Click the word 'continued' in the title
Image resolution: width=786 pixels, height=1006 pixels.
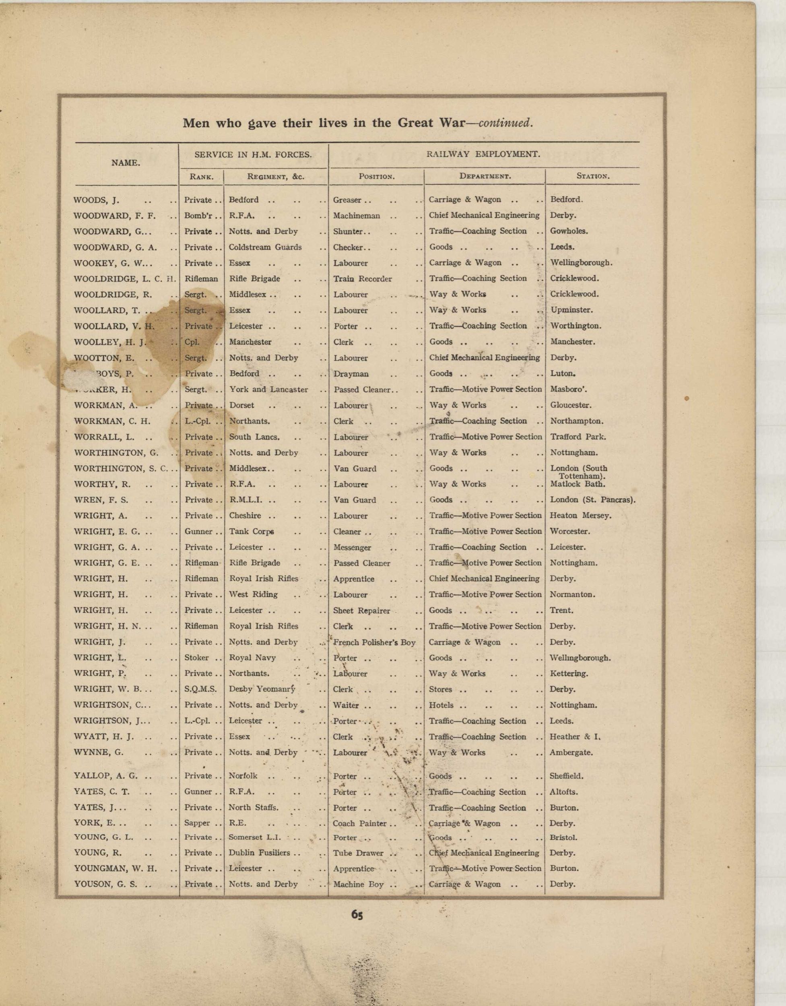tap(505, 124)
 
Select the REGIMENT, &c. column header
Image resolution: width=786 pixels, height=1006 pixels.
tap(276, 176)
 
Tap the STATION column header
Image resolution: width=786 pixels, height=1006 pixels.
tap(592, 176)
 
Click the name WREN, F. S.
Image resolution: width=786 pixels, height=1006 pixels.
tap(101, 500)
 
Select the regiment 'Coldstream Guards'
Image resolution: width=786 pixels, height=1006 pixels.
tap(265, 247)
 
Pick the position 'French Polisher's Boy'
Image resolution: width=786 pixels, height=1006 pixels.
tap(374, 642)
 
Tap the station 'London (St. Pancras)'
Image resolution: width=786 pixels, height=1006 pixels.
tap(592, 500)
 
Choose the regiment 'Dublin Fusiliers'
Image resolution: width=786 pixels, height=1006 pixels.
tap(260, 853)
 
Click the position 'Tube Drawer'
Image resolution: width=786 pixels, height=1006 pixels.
tap(358, 853)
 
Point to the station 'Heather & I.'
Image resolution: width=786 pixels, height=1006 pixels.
tap(575, 736)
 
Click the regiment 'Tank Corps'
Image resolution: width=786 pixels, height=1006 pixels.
tap(252, 532)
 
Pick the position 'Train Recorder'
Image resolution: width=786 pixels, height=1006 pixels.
tap(362, 279)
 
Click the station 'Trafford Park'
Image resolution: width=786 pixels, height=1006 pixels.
tap(578, 437)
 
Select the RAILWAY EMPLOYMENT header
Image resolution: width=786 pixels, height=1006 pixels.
tap(483, 154)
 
